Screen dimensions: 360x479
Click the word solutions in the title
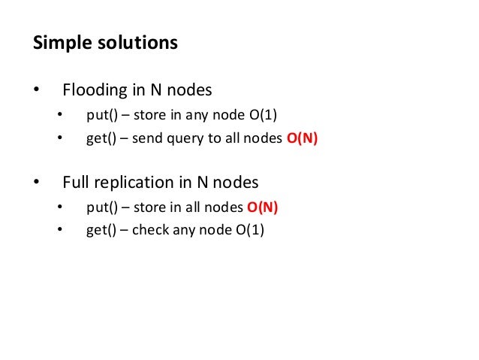coord(137,42)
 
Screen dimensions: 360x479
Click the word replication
coord(137,182)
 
